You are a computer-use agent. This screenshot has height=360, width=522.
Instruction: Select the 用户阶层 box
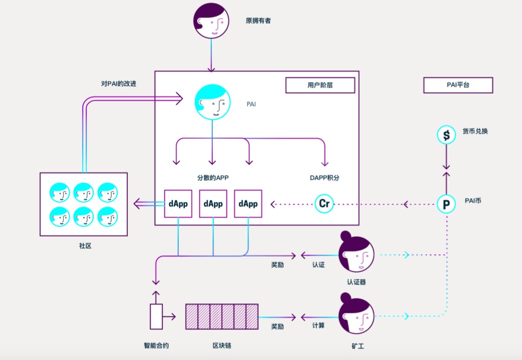coord(320,85)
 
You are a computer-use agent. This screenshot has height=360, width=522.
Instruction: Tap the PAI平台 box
coord(458,85)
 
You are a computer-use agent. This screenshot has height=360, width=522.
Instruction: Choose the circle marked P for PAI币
coord(446,204)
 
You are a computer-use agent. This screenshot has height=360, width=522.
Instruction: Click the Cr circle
coord(324,204)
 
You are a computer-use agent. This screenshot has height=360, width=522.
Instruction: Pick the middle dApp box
coord(213,204)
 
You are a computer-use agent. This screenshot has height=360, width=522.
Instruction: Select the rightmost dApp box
coord(248,204)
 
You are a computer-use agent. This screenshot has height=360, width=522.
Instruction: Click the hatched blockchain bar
coord(222,316)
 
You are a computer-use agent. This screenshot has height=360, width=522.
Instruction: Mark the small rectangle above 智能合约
coord(156,316)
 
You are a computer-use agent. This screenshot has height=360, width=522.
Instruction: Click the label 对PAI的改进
coord(118,84)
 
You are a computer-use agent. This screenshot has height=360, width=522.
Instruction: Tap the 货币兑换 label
coord(475,131)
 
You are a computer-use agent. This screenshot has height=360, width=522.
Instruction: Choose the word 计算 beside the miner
coord(318,326)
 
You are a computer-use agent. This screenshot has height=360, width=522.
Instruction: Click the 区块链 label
coord(221,345)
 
